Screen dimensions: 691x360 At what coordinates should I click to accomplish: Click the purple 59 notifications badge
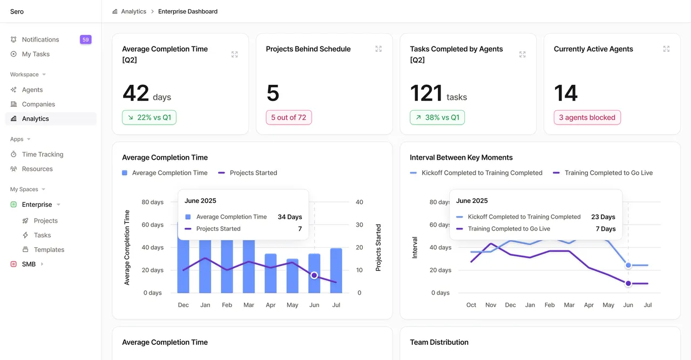click(x=85, y=39)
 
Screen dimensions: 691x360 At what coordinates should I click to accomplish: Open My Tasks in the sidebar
click(x=36, y=54)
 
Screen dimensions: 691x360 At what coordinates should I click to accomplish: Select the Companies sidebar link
click(x=38, y=104)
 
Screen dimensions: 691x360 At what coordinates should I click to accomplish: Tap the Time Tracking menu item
click(x=43, y=154)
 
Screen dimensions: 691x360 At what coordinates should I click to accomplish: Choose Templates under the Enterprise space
click(x=49, y=249)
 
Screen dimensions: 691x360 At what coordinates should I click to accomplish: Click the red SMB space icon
click(x=13, y=264)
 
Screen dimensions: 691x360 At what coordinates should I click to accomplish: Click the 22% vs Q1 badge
click(x=149, y=118)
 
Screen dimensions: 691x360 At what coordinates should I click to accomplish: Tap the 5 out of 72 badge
click(x=289, y=118)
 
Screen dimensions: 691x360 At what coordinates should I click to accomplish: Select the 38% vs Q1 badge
click(x=437, y=118)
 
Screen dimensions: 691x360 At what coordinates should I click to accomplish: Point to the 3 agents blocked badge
click(x=587, y=118)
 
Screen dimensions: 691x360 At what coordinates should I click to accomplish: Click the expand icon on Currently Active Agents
click(x=666, y=49)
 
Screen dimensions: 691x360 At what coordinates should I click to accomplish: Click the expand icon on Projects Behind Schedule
click(x=378, y=49)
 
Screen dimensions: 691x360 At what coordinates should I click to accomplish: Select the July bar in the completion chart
click(x=336, y=270)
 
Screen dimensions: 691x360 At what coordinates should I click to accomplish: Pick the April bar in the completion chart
click(x=270, y=273)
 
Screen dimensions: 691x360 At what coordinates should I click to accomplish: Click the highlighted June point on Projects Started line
click(x=314, y=275)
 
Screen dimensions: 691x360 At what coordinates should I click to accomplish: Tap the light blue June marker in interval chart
click(x=628, y=266)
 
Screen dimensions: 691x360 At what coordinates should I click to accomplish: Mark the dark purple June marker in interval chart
click(x=628, y=283)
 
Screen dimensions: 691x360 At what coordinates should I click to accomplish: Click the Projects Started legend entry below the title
click(x=247, y=173)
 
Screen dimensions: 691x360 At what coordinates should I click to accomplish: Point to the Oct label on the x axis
click(x=471, y=305)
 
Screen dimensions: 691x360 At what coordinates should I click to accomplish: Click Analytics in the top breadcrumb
click(x=133, y=11)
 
